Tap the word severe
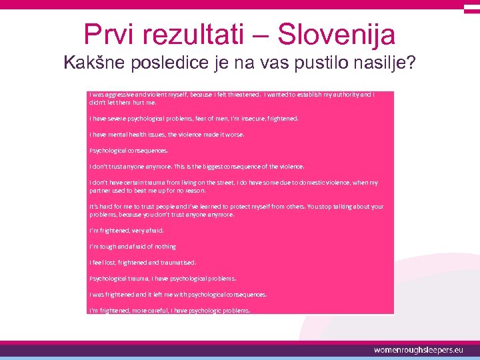116,119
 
